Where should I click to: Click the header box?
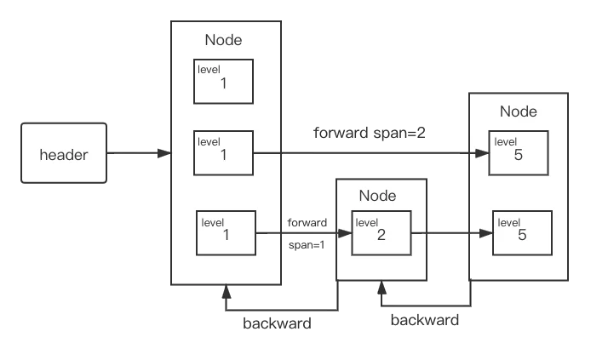click(64, 153)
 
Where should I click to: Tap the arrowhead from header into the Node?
click(164, 153)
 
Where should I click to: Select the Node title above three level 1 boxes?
click(223, 40)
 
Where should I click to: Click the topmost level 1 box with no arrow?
click(223, 82)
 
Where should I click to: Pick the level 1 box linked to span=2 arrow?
click(223, 153)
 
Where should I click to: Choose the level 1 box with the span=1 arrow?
click(226, 233)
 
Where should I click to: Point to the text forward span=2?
click(370, 133)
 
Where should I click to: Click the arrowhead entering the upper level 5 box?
click(482, 153)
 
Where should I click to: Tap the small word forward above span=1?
click(307, 222)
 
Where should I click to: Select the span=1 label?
click(307, 245)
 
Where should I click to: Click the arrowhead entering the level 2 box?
click(345, 233)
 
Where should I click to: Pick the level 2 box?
click(381, 233)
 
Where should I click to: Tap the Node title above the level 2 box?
click(378, 196)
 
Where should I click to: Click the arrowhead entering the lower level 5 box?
click(486, 233)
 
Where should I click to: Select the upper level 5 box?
click(519, 153)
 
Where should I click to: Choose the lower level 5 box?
click(522, 233)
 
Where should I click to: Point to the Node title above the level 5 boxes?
click(519, 111)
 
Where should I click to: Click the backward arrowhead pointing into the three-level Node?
click(227, 291)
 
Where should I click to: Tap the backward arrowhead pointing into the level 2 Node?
click(382, 287)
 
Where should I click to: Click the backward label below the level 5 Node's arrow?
click(425, 320)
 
